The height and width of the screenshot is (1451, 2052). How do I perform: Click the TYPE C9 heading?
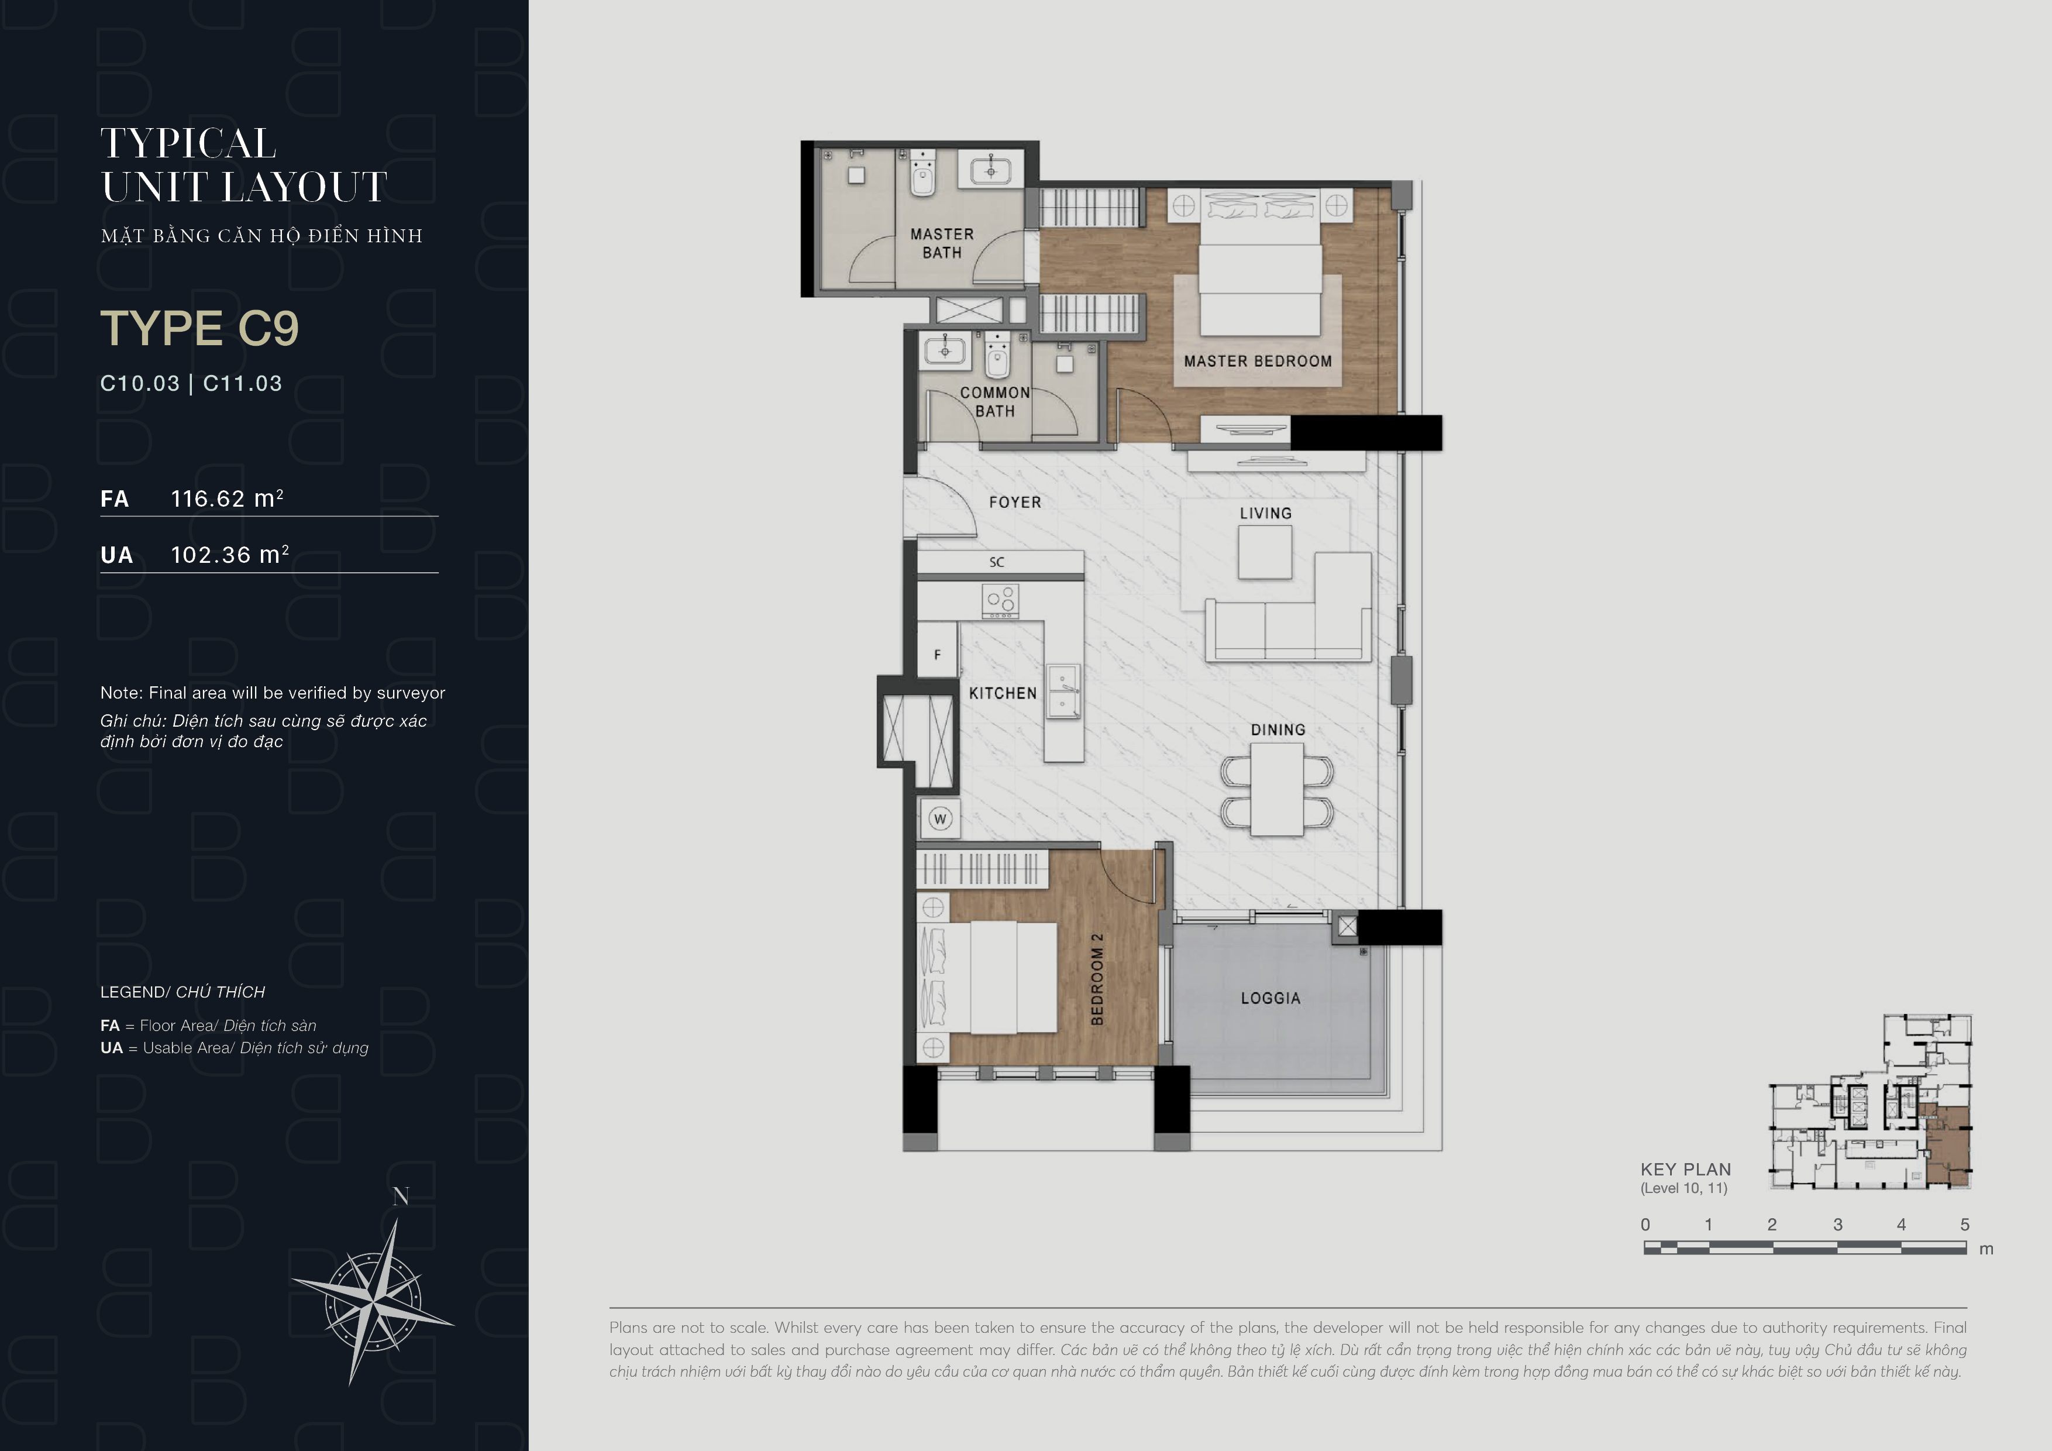[x=199, y=328]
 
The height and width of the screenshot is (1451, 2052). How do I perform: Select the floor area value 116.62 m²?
[x=227, y=498]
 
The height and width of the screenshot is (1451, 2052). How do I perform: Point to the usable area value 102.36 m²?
[x=230, y=554]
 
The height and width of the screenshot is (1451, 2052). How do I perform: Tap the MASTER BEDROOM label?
[x=1258, y=361]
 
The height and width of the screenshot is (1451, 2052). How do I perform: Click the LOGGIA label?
[x=1270, y=998]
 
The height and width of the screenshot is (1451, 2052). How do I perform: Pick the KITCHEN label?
[x=1003, y=693]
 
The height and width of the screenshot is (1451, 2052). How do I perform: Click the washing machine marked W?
[x=939, y=818]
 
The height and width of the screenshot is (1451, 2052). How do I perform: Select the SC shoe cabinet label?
[x=997, y=562]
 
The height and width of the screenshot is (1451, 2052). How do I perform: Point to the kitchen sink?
[x=1063, y=691]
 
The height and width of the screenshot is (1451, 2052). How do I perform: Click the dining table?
[x=1277, y=789]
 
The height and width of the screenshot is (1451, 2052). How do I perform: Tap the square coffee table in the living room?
[x=1265, y=552]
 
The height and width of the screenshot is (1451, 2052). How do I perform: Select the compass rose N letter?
[x=400, y=1196]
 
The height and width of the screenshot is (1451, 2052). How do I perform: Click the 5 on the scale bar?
[x=1964, y=1224]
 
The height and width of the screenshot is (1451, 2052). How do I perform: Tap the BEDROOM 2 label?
[x=1097, y=979]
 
